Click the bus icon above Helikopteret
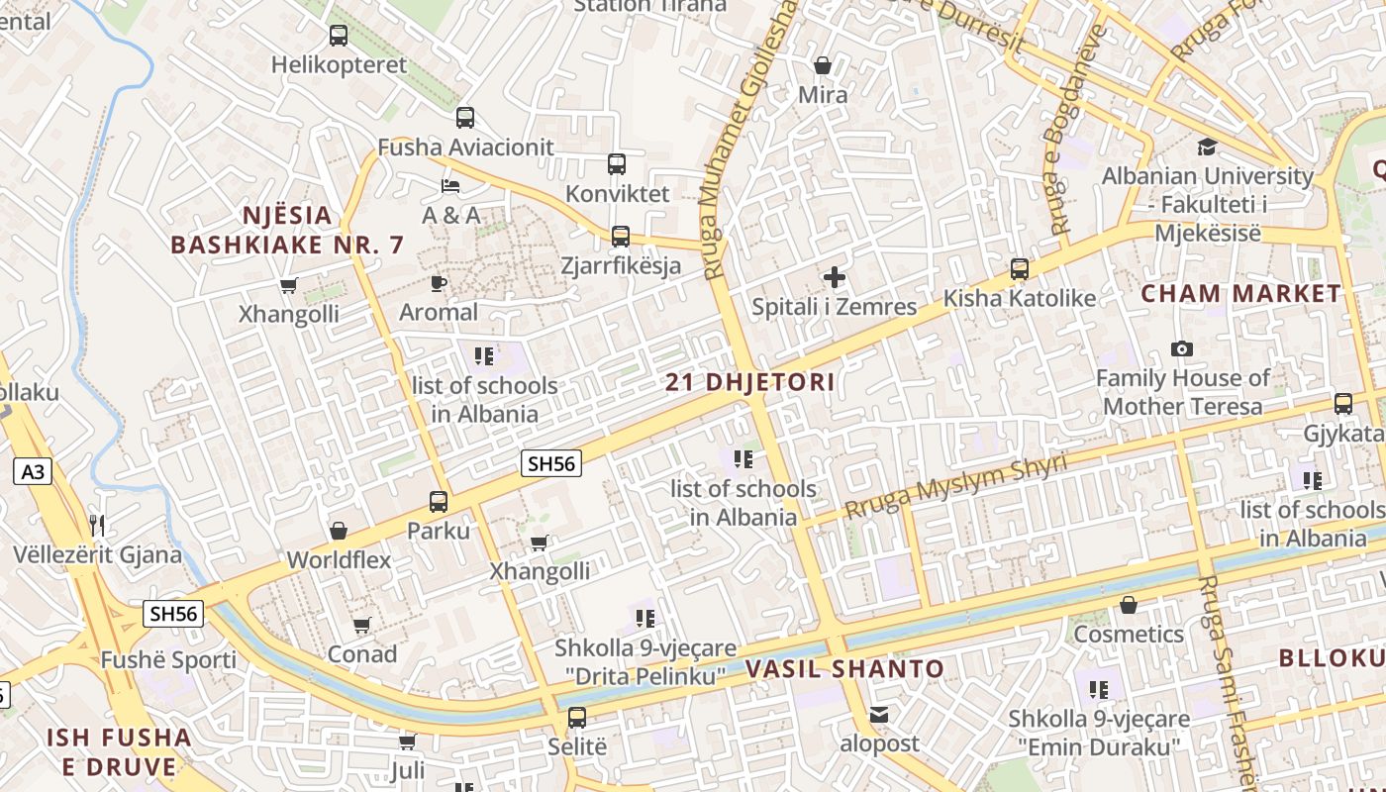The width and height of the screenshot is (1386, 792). (x=339, y=36)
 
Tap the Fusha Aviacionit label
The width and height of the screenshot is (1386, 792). (x=465, y=148)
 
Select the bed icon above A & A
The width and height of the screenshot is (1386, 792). (x=450, y=185)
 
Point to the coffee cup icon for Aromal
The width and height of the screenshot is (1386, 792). (x=438, y=284)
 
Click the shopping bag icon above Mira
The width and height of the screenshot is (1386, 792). (x=822, y=66)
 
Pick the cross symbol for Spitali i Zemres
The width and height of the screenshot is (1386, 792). (x=835, y=277)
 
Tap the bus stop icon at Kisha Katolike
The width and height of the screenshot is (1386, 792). (x=1019, y=269)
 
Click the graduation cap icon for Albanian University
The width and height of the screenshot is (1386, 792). (x=1207, y=148)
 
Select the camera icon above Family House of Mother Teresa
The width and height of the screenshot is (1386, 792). (x=1181, y=348)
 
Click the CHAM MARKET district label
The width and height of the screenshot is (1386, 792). (x=1240, y=294)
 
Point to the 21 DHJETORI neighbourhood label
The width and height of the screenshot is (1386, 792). (x=749, y=382)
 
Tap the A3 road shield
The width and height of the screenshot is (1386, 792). (x=33, y=471)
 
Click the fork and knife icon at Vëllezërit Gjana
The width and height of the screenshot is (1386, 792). (x=96, y=525)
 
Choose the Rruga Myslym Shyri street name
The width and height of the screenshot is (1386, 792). (x=955, y=486)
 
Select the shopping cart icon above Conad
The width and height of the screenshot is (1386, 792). (x=361, y=626)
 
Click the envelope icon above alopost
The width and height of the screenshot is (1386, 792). (x=879, y=715)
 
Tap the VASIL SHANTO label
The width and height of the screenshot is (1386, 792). (x=844, y=669)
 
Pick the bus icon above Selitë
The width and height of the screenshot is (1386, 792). (x=576, y=718)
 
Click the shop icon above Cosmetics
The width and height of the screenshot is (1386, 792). (x=1128, y=605)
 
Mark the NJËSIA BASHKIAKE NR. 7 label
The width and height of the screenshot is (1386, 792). (x=288, y=230)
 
